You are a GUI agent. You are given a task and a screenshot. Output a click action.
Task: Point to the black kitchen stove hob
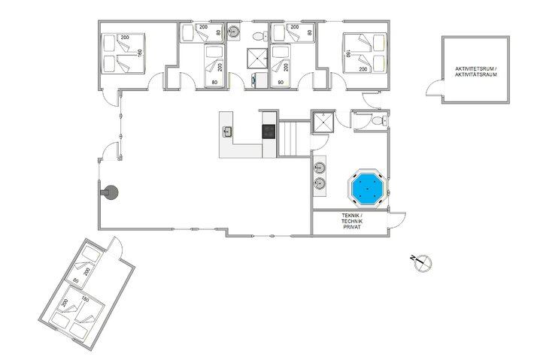pyautogui.click(x=269, y=132)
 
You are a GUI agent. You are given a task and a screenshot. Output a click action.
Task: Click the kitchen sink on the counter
pyautogui.click(x=227, y=132)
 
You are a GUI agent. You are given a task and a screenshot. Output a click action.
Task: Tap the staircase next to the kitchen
pyautogui.click(x=290, y=138)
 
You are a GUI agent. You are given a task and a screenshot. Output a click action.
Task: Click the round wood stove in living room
pyautogui.click(x=111, y=192)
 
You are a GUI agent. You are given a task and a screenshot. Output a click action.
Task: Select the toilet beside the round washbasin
pyautogui.click(x=258, y=35)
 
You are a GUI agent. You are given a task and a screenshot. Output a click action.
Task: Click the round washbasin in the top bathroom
pyautogui.click(x=235, y=32)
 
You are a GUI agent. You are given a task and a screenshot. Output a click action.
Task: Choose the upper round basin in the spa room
pyautogui.click(x=320, y=167)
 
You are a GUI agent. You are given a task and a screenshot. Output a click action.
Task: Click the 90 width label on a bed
pyautogui.click(x=281, y=83)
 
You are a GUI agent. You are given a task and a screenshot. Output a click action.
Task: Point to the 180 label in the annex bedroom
pyautogui.click(x=85, y=299)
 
